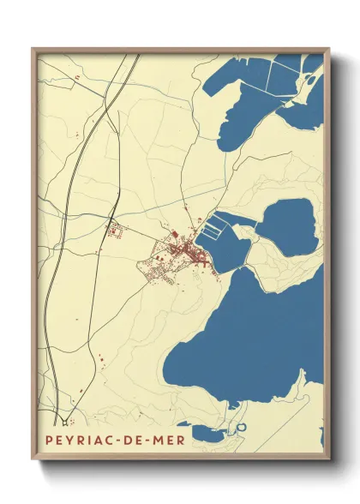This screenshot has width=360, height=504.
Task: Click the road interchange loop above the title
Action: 64,420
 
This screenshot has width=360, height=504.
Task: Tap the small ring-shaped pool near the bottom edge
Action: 242,426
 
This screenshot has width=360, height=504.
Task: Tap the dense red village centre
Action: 184,249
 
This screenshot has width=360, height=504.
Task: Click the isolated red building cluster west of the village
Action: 114,229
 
